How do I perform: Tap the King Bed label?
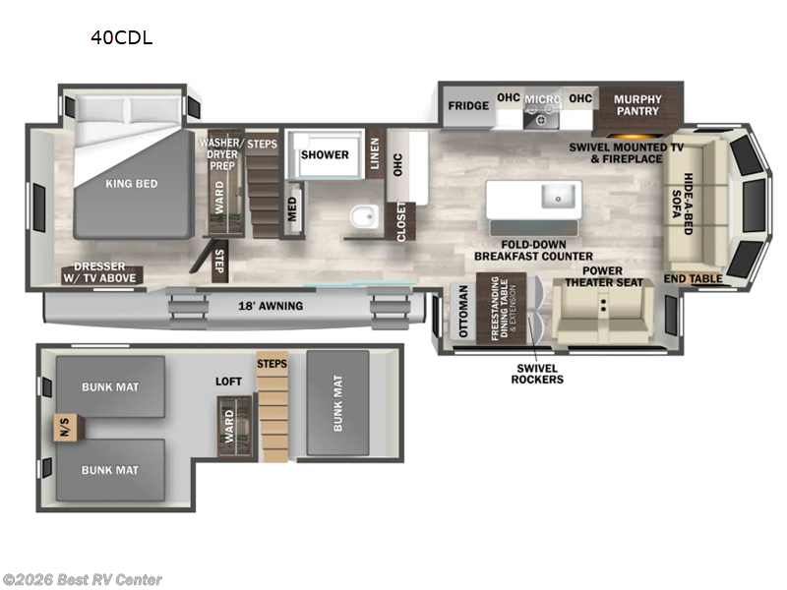click(131, 183)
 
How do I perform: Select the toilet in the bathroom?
click(360, 217)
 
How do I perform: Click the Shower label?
click(325, 155)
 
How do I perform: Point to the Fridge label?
click(468, 106)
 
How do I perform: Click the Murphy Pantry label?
click(638, 106)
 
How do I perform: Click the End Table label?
click(693, 279)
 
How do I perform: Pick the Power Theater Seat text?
click(603, 276)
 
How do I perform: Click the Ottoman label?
click(462, 312)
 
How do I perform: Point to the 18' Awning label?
click(270, 306)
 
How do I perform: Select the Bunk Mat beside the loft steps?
click(337, 402)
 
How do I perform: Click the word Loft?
click(228, 381)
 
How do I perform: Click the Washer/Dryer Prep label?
click(219, 153)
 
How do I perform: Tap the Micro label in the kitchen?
click(541, 99)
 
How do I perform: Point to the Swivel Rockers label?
click(537, 373)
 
